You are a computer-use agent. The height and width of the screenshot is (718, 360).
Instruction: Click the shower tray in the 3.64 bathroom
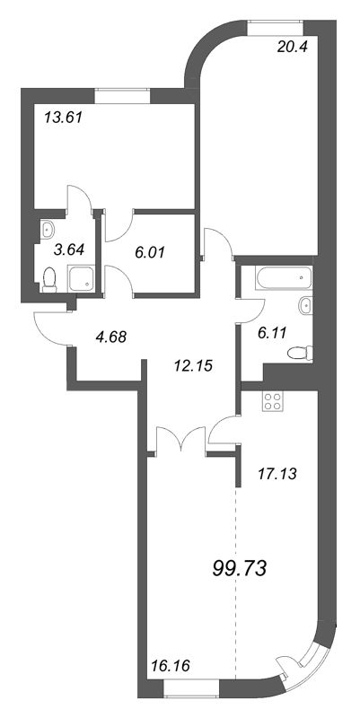tap(83, 278)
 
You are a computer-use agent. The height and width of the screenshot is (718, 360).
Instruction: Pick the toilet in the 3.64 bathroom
tap(50, 282)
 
